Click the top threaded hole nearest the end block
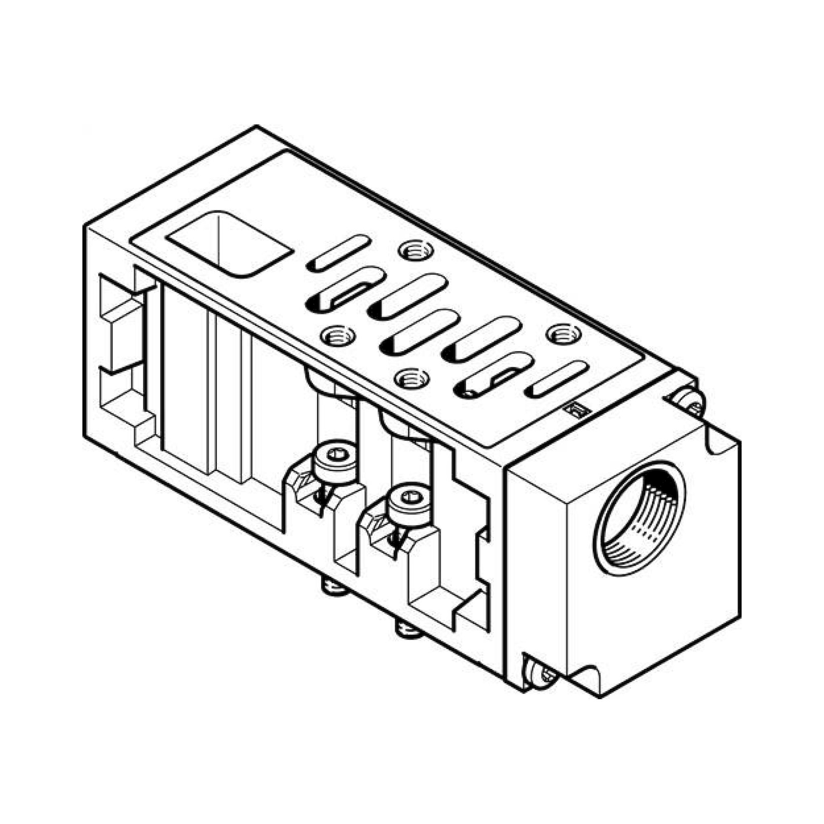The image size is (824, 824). click(x=564, y=334)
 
